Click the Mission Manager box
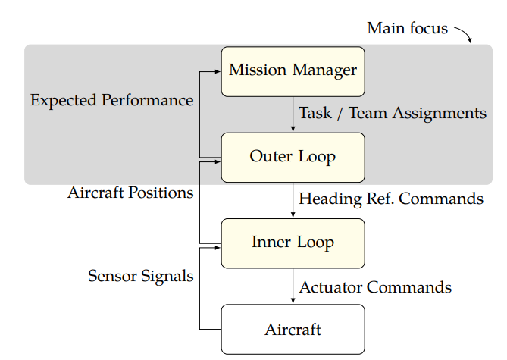(x=293, y=71)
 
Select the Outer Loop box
(x=293, y=158)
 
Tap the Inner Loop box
(x=293, y=243)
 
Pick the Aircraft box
(x=293, y=329)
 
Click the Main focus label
(x=408, y=28)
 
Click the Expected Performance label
(x=112, y=100)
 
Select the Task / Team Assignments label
(x=393, y=113)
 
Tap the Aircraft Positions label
(x=130, y=193)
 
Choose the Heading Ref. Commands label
(x=391, y=199)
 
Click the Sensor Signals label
(x=141, y=276)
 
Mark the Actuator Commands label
(x=375, y=287)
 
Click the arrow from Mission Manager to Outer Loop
(x=293, y=114)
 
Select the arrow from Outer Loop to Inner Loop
(x=293, y=200)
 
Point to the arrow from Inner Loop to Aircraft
(x=293, y=286)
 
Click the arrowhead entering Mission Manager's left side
(x=218, y=71)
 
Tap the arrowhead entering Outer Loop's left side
(x=218, y=161)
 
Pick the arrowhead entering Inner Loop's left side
(x=218, y=248)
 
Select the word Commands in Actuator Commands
(x=409, y=287)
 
